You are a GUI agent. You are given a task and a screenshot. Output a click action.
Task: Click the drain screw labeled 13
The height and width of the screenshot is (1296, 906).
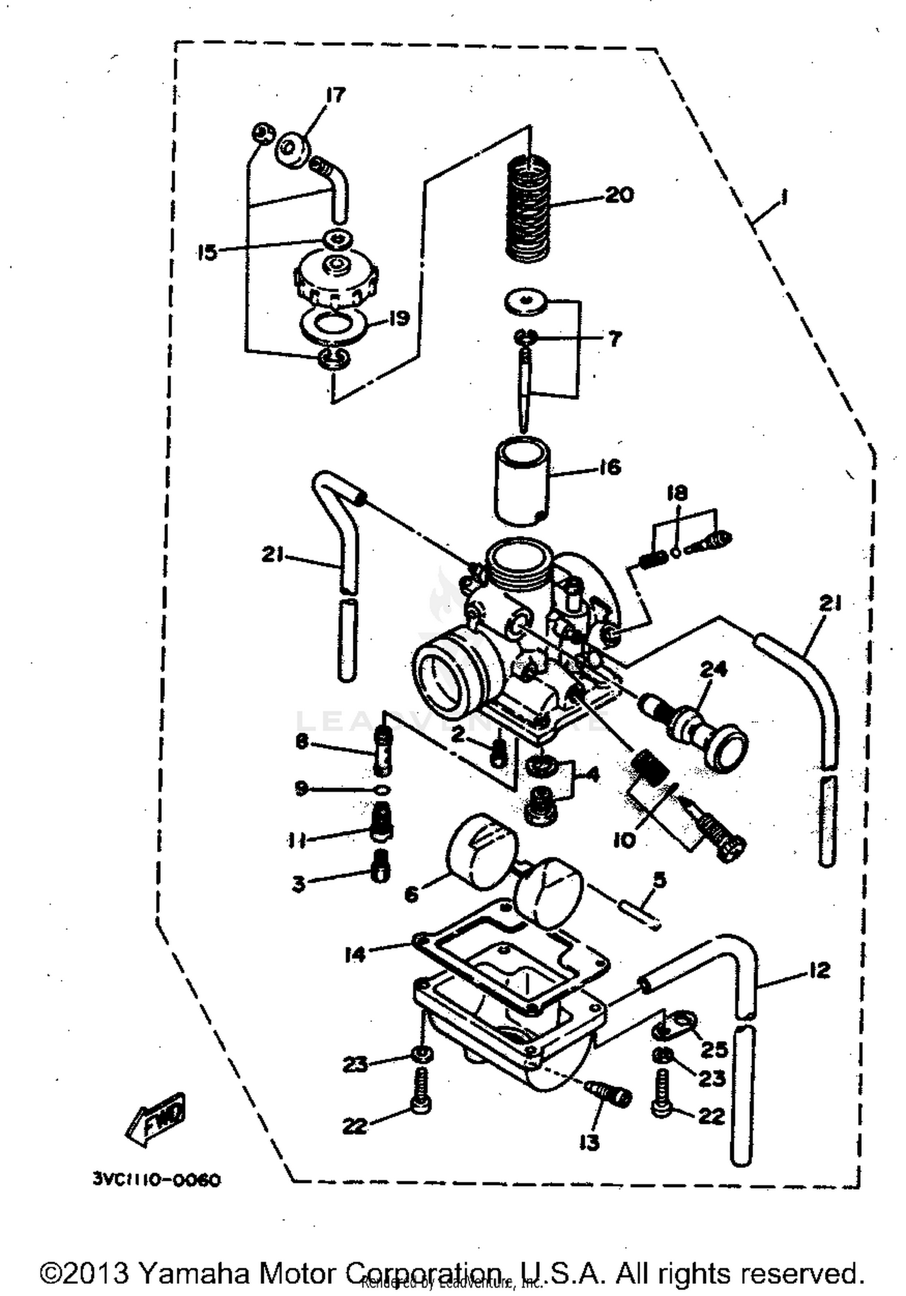pyautogui.click(x=610, y=1094)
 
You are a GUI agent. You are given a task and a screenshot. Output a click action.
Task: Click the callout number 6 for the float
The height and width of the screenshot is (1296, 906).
pyautogui.click(x=411, y=893)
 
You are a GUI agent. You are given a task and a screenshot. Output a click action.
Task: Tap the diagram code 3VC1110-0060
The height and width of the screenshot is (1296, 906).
pyautogui.click(x=156, y=1179)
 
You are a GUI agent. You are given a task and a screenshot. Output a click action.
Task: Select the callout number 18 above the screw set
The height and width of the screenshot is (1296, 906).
pyautogui.click(x=676, y=493)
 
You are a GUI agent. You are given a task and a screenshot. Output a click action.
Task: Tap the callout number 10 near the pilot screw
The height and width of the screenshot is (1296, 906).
pyautogui.click(x=625, y=840)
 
